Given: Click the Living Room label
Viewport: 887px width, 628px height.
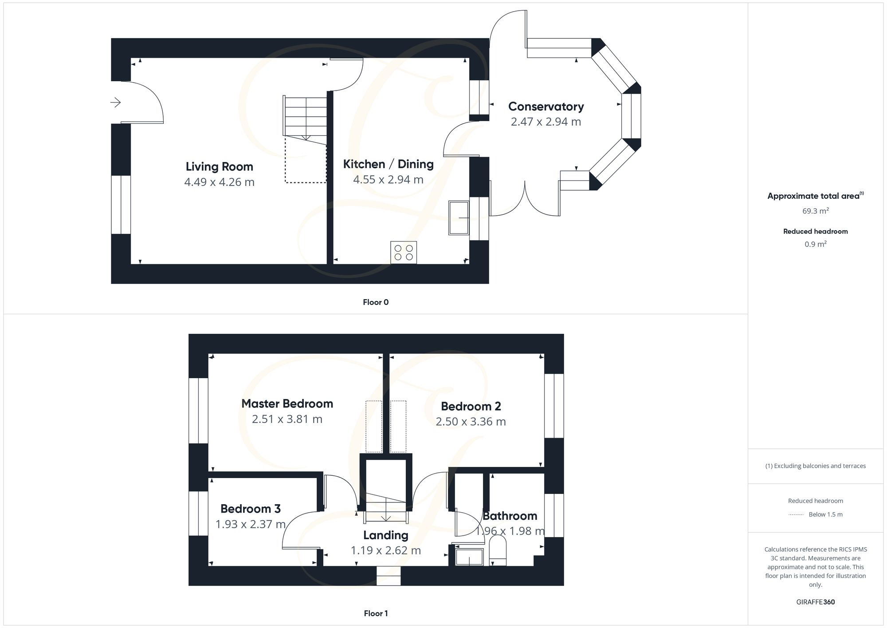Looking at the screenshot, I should [219, 167].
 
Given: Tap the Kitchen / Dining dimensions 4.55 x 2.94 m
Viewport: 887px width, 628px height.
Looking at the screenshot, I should [388, 180].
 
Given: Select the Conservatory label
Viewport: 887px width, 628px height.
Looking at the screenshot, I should [546, 107].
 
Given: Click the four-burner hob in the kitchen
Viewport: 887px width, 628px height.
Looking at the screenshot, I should [404, 253].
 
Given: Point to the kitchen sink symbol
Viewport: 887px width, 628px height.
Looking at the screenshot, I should [459, 217].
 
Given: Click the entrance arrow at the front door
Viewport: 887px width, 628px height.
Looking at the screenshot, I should [115, 103].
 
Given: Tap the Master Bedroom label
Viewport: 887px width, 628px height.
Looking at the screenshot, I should [287, 404].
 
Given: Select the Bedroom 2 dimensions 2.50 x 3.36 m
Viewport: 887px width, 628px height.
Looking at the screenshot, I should [471, 422].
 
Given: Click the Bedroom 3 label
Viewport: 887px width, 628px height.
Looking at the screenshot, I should [250, 509].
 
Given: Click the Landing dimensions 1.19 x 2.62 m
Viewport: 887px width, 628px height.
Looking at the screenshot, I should [385, 551].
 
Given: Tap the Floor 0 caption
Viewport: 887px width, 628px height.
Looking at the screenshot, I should [376, 302].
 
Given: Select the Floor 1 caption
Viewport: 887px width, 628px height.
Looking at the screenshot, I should [376, 613].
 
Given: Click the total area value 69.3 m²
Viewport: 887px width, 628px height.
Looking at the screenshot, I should [815, 211].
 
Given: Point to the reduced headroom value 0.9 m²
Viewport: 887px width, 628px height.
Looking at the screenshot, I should [815, 244].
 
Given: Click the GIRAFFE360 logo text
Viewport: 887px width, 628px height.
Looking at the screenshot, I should [815, 602].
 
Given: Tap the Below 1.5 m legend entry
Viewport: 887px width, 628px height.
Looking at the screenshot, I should [825, 514].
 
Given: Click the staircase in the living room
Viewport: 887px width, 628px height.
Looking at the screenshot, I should [306, 117].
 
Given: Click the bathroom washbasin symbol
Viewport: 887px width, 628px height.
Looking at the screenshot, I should [469, 557].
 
